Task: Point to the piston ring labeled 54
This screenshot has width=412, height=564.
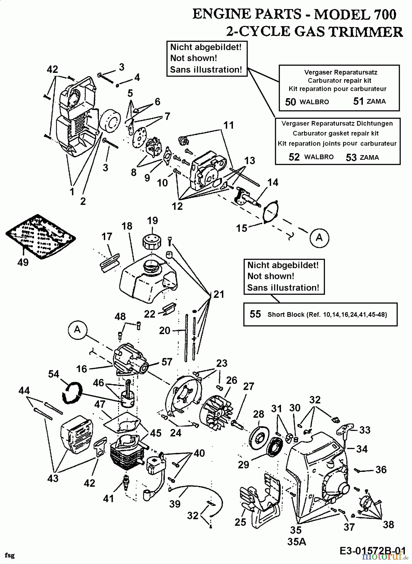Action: [72, 392]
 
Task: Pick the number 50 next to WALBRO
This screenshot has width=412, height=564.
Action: [291, 102]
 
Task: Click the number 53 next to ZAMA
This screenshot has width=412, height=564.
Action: [351, 157]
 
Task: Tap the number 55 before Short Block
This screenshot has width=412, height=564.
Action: [255, 314]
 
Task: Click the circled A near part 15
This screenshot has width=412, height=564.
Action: [319, 238]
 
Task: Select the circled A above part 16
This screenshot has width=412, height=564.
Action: [77, 330]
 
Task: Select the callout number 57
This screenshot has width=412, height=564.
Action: [167, 362]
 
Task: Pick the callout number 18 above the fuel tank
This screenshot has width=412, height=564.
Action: [127, 226]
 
